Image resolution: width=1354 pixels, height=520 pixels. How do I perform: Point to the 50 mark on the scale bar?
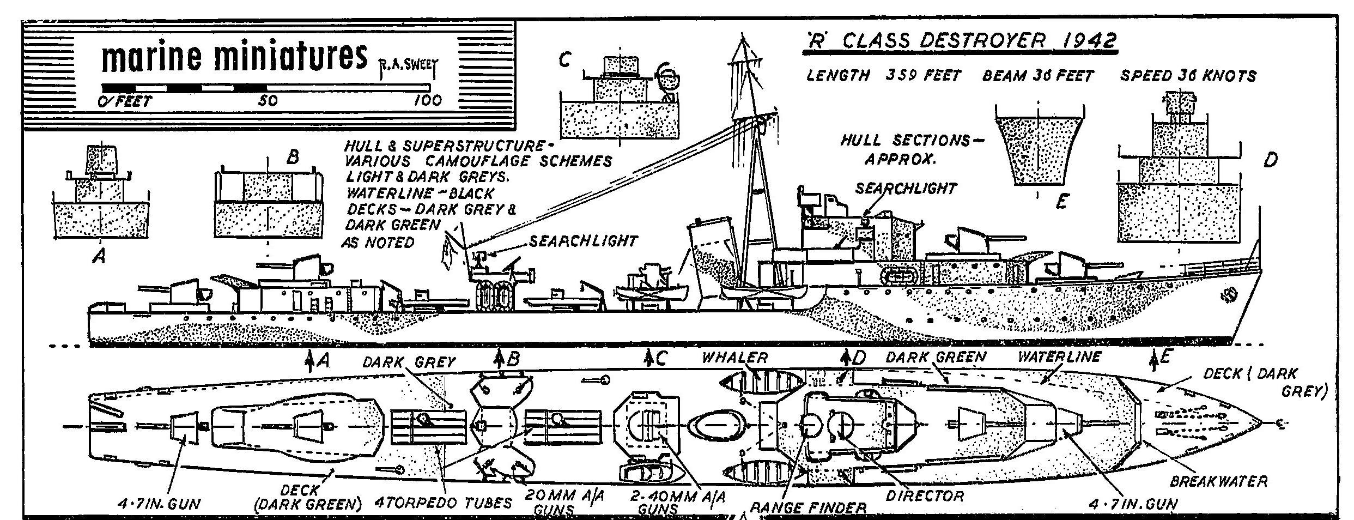click(268, 100)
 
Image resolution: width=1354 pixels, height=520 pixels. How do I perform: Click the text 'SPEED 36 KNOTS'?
click(1188, 76)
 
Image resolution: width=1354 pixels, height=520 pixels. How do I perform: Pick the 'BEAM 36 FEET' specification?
click(1037, 76)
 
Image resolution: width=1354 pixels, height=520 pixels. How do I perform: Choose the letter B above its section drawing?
click(293, 158)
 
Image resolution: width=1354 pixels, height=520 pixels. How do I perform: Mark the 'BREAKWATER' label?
click(1218, 481)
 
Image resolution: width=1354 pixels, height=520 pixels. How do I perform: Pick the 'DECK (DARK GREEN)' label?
click(308, 498)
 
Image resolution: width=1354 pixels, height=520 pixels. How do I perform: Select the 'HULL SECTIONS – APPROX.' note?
click(904, 149)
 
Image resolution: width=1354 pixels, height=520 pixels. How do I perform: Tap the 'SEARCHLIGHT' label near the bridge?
click(905, 189)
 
